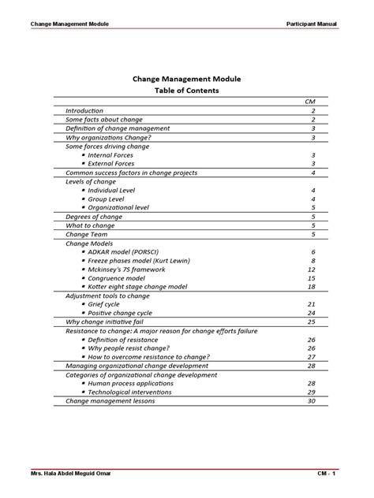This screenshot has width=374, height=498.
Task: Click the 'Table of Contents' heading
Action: [186, 91]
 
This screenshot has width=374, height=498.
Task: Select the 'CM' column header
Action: [310, 102]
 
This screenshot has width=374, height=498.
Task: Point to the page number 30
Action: [312, 400]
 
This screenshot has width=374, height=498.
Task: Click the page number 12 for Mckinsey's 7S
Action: [312, 269]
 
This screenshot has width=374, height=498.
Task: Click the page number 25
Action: [312, 321]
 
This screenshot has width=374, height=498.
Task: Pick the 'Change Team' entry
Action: [87, 234]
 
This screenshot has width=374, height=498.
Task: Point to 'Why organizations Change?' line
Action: [108, 137]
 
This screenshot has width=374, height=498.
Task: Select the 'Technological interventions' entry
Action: [131, 392]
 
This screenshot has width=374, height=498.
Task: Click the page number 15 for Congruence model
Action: [312, 277]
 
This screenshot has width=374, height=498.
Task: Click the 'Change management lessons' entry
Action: [110, 400]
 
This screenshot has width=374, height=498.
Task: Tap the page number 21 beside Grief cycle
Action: [312, 304]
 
